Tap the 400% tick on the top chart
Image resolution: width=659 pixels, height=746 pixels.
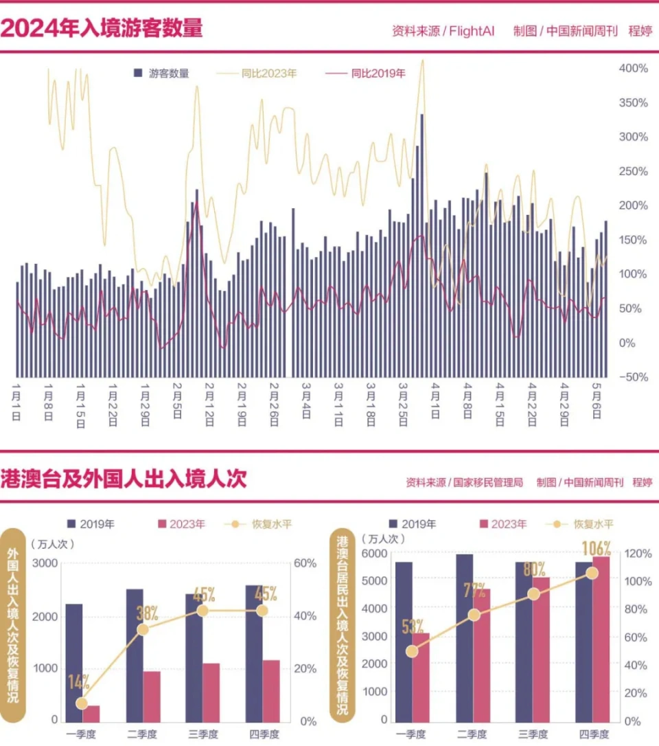point(633,69)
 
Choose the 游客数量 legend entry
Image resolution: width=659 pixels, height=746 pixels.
point(161,74)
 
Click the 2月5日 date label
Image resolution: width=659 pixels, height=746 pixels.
point(177,406)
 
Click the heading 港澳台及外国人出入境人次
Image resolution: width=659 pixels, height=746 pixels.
point(124,479)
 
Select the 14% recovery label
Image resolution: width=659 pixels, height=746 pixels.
point(78,682)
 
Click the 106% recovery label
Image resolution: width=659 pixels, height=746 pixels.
point(597,549)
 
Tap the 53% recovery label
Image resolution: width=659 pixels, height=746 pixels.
point(413,626)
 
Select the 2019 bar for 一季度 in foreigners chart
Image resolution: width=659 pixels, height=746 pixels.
point(74,663)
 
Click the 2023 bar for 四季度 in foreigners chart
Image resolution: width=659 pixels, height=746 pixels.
point(270,691)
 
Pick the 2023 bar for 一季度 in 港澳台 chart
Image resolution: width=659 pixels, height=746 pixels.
point(421,677)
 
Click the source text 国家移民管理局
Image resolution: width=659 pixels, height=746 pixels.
point(488,483)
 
